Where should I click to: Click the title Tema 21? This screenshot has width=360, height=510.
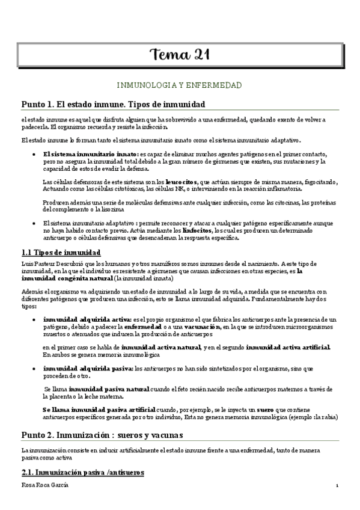(180, 55)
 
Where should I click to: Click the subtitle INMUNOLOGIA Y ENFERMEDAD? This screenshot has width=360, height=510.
(180, 86)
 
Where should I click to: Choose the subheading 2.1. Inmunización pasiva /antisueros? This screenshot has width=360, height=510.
(82, 473)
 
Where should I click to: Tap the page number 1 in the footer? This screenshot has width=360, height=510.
(337, 486)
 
